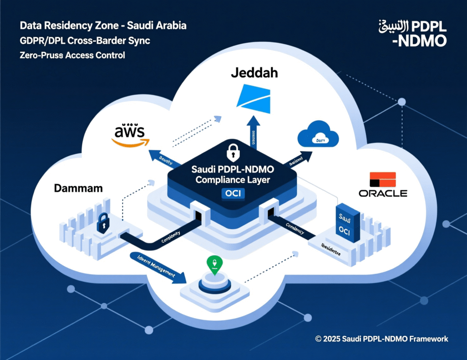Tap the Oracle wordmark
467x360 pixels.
pos(383,193)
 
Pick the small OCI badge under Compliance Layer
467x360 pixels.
pos(233,194)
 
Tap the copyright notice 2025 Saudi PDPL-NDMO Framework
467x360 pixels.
pos(381,339)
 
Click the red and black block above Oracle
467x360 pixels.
pos(382,180)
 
